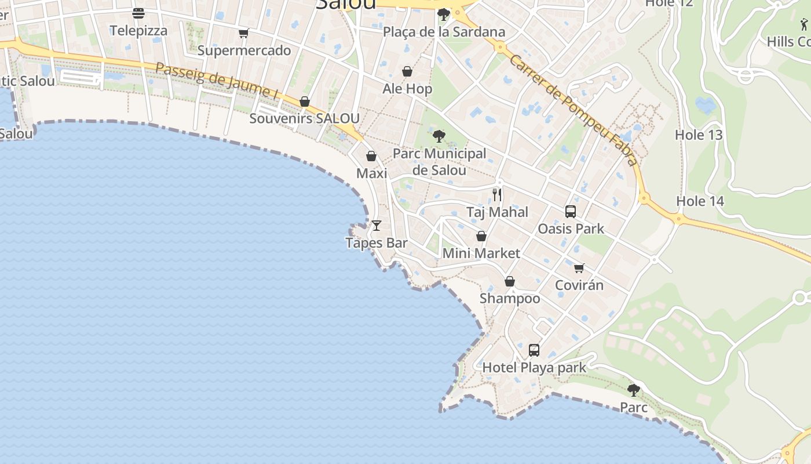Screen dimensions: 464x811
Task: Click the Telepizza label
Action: point(138,31)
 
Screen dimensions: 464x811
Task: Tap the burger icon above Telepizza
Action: point(138,13)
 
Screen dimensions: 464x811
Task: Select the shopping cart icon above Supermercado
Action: point(244,33)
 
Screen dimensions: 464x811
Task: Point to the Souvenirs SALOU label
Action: point(304,118)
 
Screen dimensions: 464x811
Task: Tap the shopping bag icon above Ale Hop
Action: point(407,71)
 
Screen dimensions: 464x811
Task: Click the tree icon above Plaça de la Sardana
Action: point(444,14)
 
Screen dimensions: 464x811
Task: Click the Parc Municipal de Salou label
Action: point(439,162)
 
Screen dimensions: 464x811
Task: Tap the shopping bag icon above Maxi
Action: point(371,156)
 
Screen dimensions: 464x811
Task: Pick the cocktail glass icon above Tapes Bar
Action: point(377,225)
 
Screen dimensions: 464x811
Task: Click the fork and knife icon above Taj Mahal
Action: point(497,194)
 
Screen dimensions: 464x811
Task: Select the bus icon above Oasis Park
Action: point(571,211)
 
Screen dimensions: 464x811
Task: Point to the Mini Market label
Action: point(481,253)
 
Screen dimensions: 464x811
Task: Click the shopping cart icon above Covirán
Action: point(579,268)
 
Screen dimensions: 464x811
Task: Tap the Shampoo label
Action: point(510,299)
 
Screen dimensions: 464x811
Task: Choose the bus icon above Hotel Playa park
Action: point(534,350)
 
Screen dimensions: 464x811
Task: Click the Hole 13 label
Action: point(699,135)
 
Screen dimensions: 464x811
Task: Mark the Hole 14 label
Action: point(700,201)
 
